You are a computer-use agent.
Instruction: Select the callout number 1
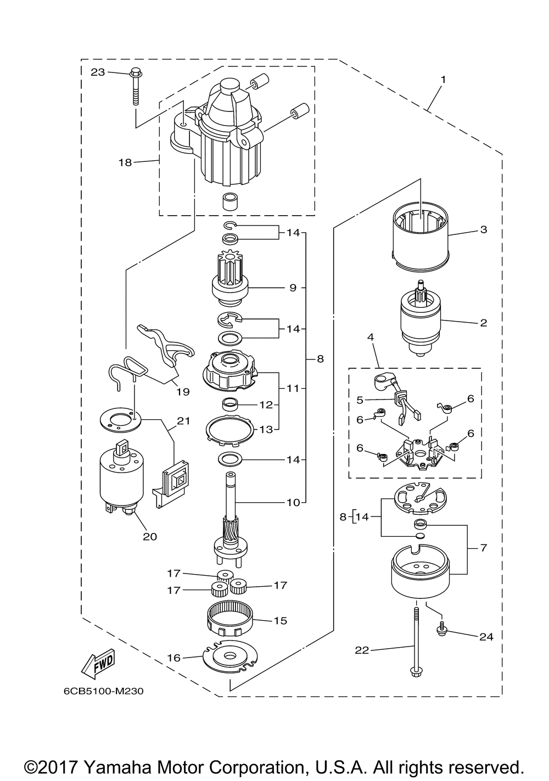point(443,80)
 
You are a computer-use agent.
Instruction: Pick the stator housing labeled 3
point(421,237)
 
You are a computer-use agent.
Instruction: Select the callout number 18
point(125,162)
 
